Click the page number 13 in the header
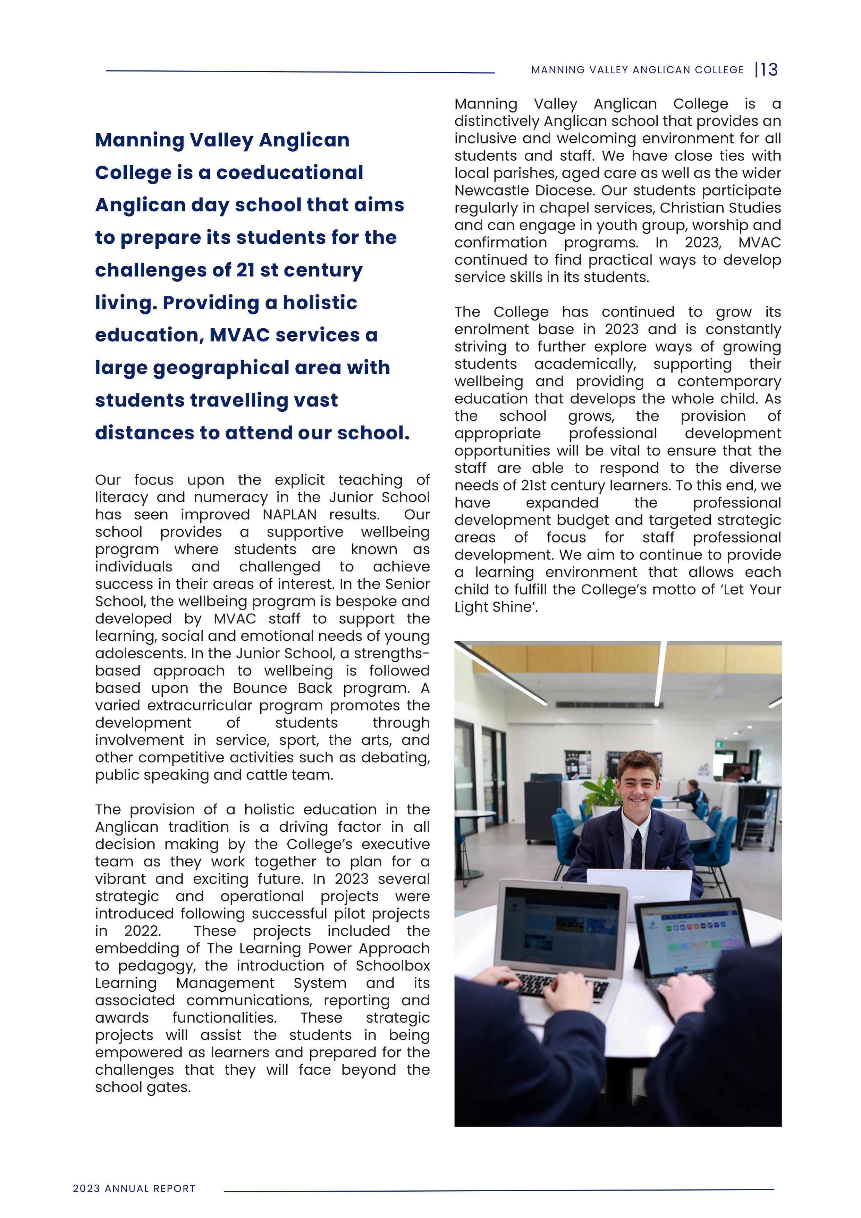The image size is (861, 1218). coord(769,69)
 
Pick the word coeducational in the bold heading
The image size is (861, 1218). coord(290,173)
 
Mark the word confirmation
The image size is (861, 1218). coord(500,242)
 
